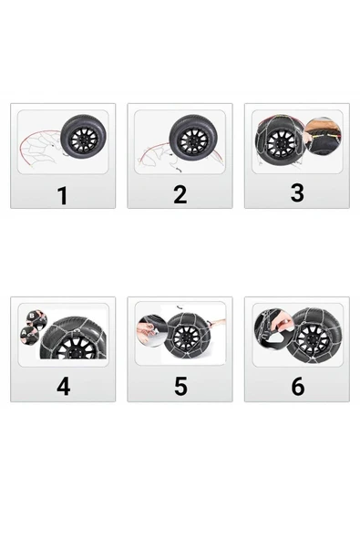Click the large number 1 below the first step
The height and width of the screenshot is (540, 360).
click(x=63, y=195)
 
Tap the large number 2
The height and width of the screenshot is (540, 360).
click(x=180, y=194)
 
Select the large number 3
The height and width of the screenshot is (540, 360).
click(x=297, y=192)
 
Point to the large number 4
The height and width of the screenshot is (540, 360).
click(x=63, y=387)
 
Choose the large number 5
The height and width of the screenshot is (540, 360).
click(x=180, y=386)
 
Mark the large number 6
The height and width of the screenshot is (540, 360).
click(x=298, y=386)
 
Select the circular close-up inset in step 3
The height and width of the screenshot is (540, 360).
click(x=324, y=134)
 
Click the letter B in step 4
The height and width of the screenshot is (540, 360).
click(x=32, y=315)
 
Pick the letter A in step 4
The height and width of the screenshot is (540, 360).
click(x=24, y=333)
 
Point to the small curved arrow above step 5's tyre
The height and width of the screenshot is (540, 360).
click(x=179, y=306)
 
